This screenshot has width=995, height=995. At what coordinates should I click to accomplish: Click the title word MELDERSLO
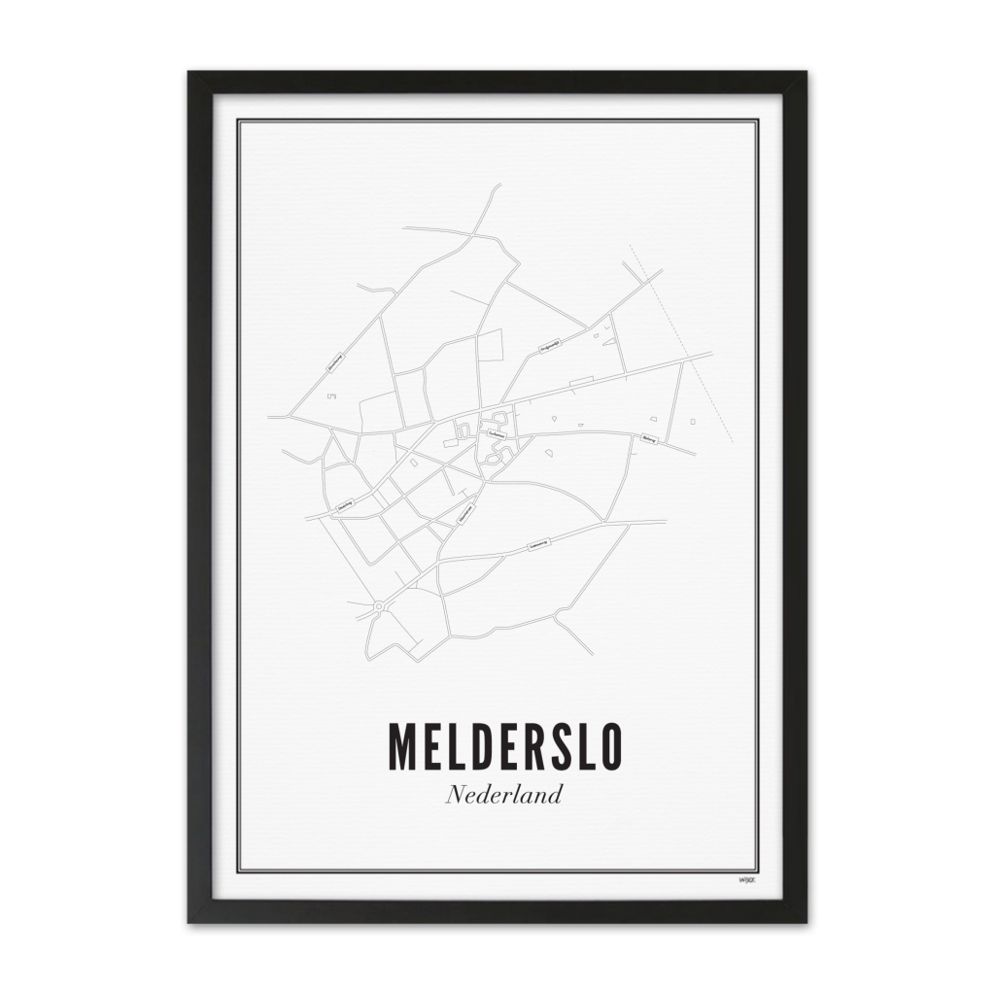coord(504,745)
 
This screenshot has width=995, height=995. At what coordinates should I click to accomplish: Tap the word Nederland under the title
coord(504,795)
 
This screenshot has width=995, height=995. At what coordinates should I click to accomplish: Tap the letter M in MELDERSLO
coord(404,745)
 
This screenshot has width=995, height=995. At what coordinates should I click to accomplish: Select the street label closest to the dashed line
coord(649,439)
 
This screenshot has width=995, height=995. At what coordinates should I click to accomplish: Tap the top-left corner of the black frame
coord(189,72)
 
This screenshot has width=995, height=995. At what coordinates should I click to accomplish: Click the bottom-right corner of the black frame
coord(806,921)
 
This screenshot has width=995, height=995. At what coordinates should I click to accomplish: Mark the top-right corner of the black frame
coord(806,72)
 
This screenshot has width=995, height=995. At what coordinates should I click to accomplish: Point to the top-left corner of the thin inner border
coord(238,120)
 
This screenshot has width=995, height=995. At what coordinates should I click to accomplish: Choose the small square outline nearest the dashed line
coord(693,422)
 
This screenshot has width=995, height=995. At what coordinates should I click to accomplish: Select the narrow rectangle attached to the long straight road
coord(581,381)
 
